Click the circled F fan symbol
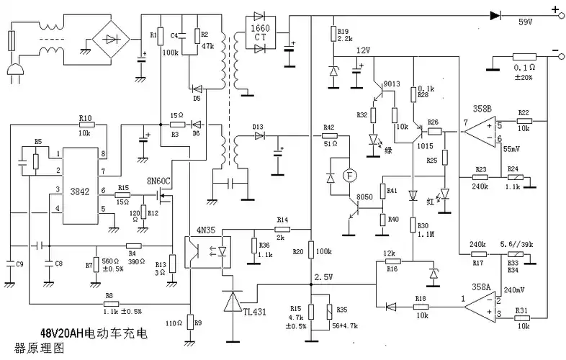(x=349, y=174)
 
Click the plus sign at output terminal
(x=554, y=11)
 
